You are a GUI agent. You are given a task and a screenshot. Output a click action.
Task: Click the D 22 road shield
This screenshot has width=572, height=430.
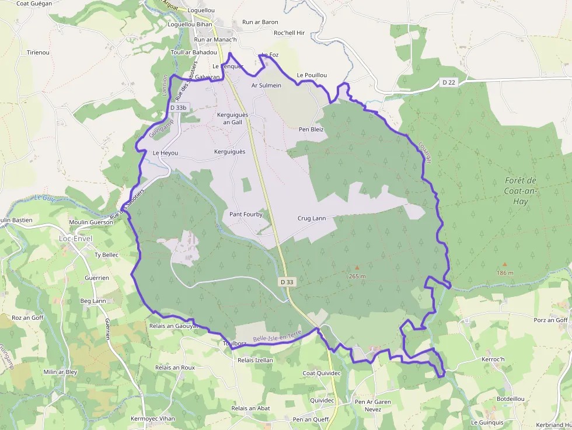point(448,82)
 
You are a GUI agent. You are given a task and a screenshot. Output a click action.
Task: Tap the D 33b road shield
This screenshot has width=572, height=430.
point(179,108)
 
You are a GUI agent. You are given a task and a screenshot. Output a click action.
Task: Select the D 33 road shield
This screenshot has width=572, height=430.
point(287,282)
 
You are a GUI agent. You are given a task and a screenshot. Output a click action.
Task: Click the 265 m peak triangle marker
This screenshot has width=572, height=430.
point(357,268)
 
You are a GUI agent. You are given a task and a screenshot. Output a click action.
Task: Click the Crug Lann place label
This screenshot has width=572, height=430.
point(312,218)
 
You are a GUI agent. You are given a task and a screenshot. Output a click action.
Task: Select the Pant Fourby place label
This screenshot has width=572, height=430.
point(246,214)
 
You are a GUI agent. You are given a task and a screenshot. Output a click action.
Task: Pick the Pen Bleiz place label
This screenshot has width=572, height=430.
point(311,129)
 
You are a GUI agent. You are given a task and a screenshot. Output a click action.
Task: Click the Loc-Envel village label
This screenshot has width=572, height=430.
point(76,238)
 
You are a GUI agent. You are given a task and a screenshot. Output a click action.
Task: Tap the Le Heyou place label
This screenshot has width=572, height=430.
point(165,153)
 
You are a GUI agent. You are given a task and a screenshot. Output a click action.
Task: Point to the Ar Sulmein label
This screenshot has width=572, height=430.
point(266,85)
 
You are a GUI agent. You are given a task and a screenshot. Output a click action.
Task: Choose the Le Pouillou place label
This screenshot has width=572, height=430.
point(312,75)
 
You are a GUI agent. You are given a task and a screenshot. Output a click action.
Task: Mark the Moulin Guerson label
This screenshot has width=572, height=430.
point(90,222)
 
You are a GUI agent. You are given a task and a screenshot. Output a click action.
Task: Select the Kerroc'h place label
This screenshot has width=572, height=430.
point(493,359)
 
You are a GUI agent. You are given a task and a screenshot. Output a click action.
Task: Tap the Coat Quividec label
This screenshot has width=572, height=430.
point(321,373)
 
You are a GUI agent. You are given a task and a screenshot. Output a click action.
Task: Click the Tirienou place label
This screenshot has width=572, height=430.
point(39,53)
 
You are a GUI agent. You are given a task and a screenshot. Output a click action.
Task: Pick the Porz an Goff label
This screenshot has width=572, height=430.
point(550,320)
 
